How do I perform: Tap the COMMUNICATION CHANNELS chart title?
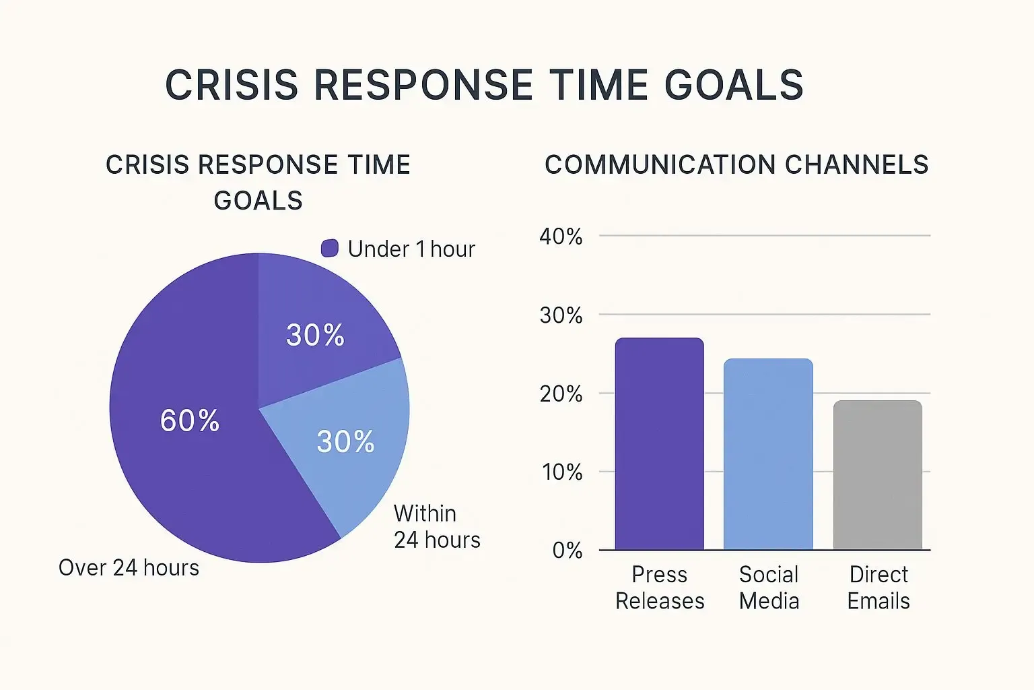pos(736,165)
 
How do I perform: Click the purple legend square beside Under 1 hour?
pos(330,249)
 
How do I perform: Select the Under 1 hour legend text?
pos(411,249)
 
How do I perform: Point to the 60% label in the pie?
pos(190,420)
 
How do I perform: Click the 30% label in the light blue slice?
pos(345,441)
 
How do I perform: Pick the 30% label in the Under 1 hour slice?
pos(315,335)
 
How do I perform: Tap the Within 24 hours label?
pos(436,526)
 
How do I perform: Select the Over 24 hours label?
pos(129,568)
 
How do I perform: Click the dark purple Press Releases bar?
pos(659,445)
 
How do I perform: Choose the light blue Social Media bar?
pos(768,455)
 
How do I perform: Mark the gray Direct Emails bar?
pos(877,476)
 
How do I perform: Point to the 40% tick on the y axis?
pos(561,237)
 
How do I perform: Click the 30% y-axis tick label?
pos(561,315)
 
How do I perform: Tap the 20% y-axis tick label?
pos(561,394)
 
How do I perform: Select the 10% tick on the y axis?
pos(562,472)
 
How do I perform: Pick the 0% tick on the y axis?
pos(567,551)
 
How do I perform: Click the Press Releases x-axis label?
pos(660,588)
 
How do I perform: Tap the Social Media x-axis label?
pos(769,588)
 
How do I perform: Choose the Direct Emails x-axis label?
pos(878,588)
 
